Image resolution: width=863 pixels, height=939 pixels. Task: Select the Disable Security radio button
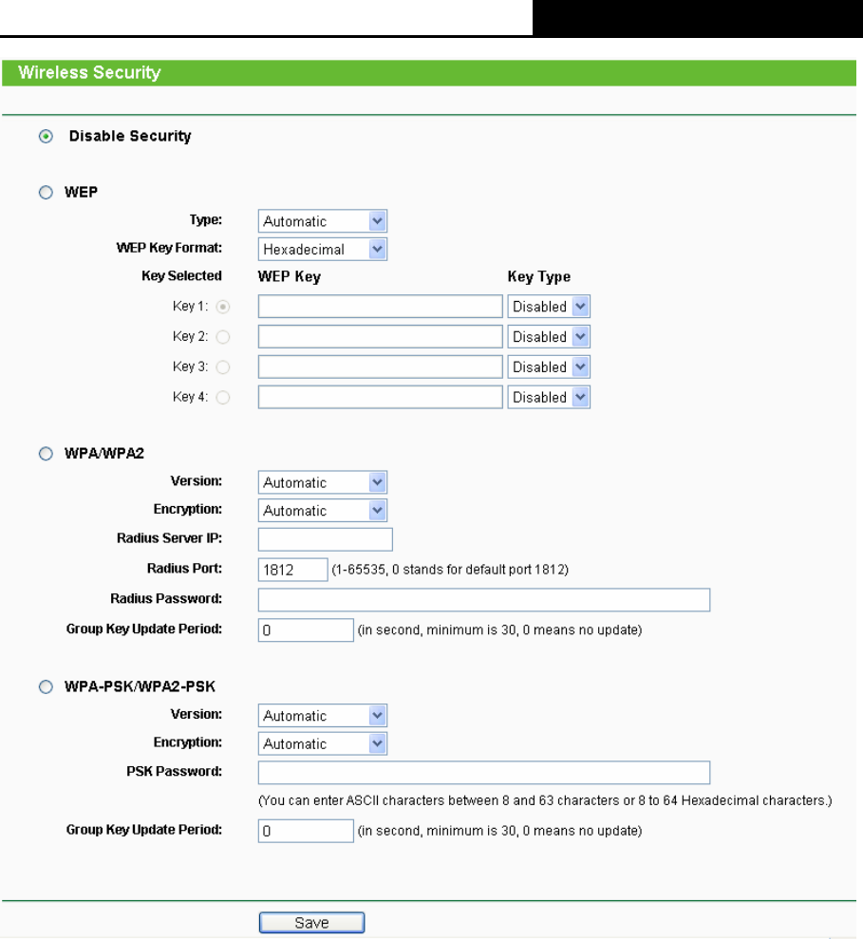tap(46, 137)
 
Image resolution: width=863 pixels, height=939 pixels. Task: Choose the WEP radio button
tap(46, 192)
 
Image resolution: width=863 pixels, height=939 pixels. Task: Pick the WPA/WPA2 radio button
tap(46, 455)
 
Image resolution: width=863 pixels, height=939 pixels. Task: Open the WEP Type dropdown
tap(323, 221)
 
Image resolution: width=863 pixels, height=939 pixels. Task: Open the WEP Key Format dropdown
tap(323, 250)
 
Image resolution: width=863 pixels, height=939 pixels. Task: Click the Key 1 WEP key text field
tap(380, 306)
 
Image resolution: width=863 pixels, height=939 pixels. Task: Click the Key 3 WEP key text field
tap(380, 366)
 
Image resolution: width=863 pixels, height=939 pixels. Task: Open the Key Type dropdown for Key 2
tap(549, 336)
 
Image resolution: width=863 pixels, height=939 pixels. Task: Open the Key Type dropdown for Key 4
tap(549, 397)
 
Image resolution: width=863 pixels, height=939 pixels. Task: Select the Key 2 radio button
tap(222, 337)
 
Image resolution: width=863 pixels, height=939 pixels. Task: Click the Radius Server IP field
tap(325, 539)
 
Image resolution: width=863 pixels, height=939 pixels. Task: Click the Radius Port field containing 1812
tap(292, 569)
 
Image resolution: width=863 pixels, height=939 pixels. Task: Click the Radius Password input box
tap(484, 599)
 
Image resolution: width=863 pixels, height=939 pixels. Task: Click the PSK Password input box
tap(484, 772)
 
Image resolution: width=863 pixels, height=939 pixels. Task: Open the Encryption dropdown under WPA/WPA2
tap(323, 511)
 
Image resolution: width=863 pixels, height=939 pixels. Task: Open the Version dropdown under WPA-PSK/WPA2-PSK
tap(323, 716)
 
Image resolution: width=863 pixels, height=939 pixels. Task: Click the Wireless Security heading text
tap(89, 72)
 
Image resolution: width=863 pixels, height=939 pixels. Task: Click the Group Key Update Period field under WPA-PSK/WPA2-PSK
tap(306, 831)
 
